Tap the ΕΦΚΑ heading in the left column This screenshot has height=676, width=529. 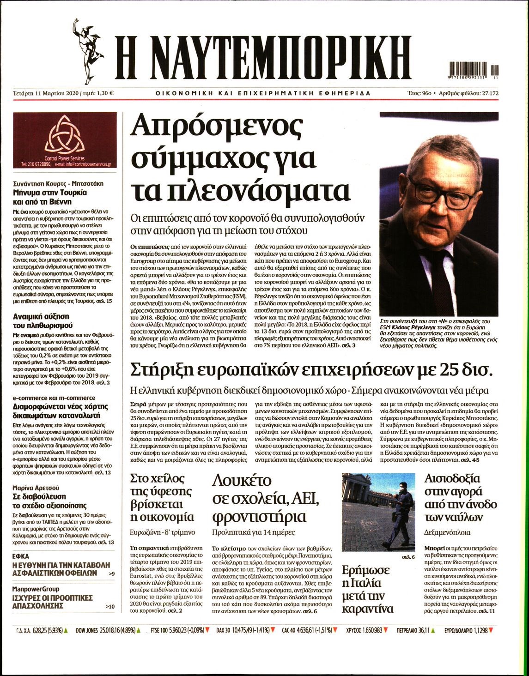click(x=21, y=556)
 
